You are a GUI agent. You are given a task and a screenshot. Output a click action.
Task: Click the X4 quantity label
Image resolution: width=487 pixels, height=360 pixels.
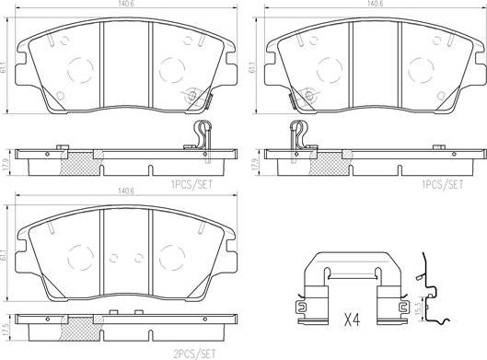click(353, 319)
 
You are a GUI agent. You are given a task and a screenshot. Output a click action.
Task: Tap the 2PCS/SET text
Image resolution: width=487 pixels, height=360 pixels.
click(194, 354)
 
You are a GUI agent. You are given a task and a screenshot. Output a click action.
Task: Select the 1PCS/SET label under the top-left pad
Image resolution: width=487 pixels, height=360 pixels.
click(191, 184)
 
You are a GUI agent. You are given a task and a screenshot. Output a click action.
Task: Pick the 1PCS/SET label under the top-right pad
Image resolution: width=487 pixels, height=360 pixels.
click(442, 184)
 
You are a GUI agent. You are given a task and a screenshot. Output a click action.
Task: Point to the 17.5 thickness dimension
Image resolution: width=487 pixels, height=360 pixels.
click(4, 328)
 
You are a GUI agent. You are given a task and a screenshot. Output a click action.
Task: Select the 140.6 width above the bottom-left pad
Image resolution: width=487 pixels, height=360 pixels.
click(126, 192)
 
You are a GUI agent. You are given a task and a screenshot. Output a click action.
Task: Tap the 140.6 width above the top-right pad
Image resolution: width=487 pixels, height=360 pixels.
click(376, 4)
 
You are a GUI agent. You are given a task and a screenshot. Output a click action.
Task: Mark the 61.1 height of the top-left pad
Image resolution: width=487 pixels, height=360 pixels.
click(4, 66)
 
